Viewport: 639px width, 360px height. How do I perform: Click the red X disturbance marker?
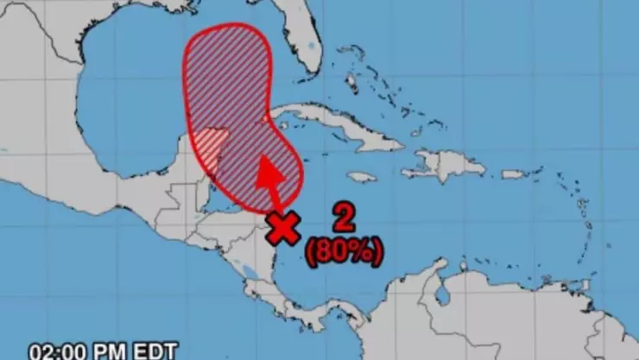[283, 227]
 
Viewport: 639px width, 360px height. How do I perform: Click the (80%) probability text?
[342, 251]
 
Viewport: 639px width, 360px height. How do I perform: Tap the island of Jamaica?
[362, 176]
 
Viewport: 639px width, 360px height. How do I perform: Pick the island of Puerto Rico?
[513, 174]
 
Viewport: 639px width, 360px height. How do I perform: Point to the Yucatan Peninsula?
[212, 142]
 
